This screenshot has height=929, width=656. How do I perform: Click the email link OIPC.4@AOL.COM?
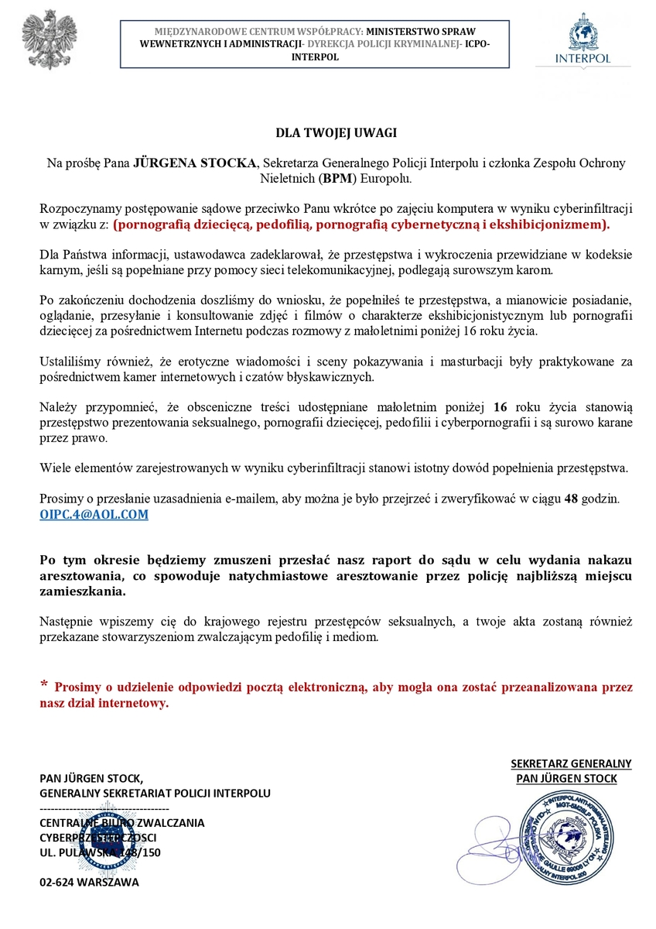pyautogui.click(x=94, y=514)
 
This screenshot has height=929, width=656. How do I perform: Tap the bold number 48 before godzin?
pyautogui.click(x=572, y=499)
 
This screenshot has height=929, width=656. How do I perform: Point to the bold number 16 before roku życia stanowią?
pyautogui.click(x=501, y=408)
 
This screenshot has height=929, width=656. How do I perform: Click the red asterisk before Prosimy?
pyautogui.click(x=44, y=684)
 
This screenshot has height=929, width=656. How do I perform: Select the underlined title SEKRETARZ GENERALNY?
pyautogui.click(x=571, y=763)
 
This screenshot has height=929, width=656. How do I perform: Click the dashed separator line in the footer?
pyautogui.click(x=104, y=808)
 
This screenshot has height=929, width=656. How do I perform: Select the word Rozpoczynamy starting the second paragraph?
pyautogui.click(x=77, y=210)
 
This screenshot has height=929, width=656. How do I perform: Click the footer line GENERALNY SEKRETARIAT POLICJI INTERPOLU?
pyautogui.click(x=155, y=793)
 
